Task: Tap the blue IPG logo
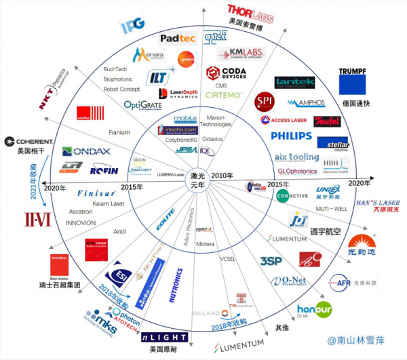[132, 26]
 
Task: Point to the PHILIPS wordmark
[292, 136]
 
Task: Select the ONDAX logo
[81, 151]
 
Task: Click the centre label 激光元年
[198, 179]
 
